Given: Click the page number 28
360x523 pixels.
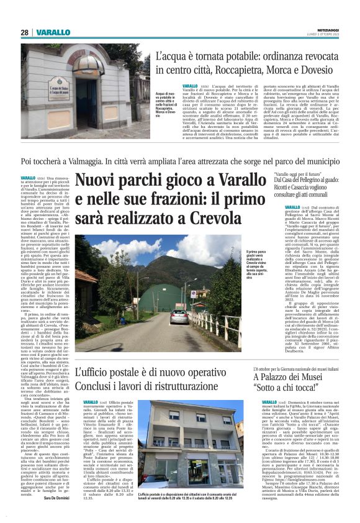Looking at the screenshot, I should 25,32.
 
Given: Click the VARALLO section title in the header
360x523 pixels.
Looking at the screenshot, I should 52,32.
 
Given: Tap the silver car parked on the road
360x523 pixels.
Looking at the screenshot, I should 179,317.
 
